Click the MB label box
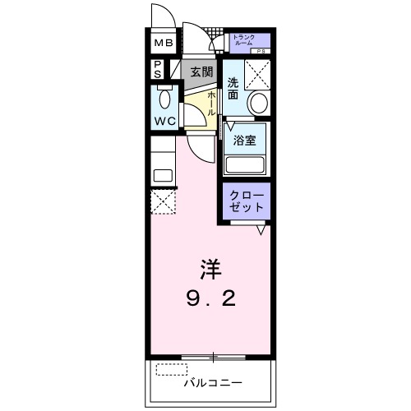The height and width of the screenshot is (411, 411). [162, 44]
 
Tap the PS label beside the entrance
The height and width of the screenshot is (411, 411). [156, 69]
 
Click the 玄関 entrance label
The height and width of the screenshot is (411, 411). [201, 71]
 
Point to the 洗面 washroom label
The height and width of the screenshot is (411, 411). [233, 88]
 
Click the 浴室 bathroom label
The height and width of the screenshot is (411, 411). [244, 139]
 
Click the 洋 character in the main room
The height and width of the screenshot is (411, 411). [210, 269]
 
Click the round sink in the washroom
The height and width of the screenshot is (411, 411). [257, 104]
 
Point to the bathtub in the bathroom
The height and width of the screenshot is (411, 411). [246, 163]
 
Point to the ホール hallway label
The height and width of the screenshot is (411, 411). [211, 104]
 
